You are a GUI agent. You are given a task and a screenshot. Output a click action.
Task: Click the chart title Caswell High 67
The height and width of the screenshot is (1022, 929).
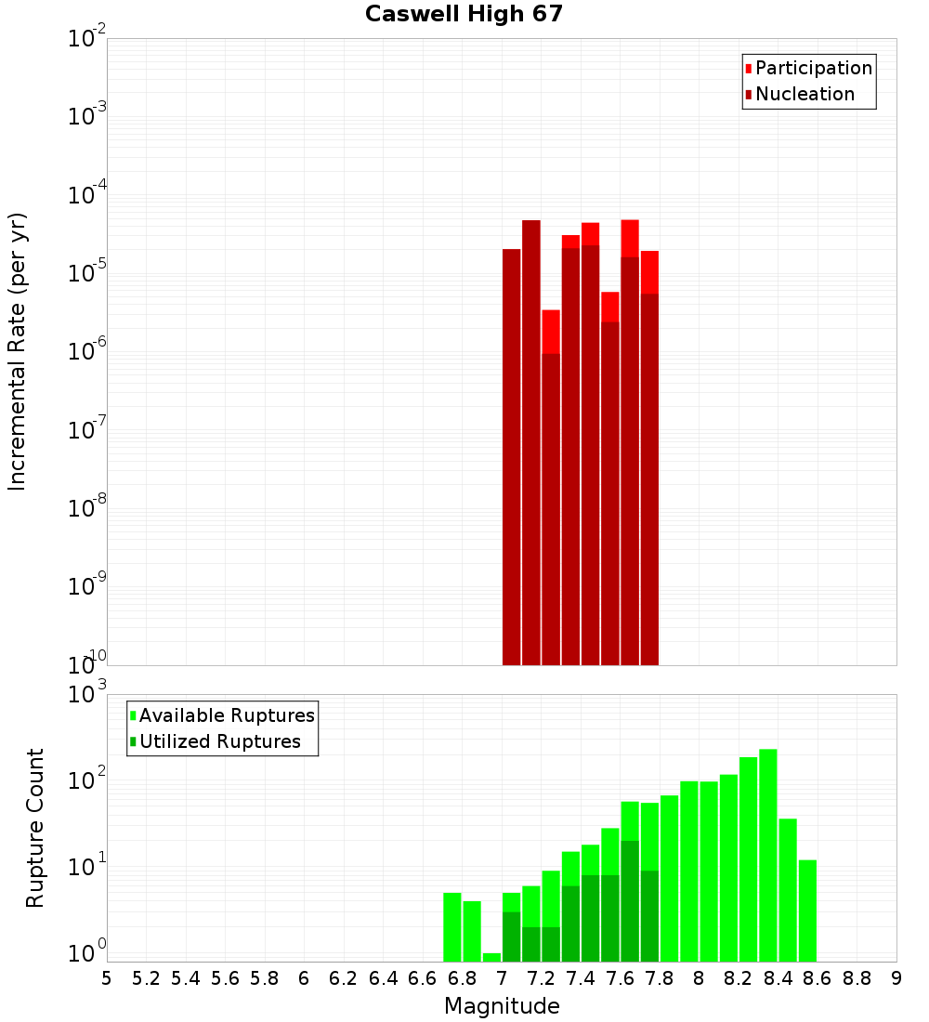point(464,14)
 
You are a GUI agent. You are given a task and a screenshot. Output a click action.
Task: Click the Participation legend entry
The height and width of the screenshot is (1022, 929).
point(814,68)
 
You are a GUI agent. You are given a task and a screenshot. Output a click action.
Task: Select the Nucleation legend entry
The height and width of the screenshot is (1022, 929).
point(805,94)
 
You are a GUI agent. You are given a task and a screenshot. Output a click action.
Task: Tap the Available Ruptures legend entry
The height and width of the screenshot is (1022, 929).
point(227,715)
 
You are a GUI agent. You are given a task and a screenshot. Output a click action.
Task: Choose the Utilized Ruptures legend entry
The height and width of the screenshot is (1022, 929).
point(219,741)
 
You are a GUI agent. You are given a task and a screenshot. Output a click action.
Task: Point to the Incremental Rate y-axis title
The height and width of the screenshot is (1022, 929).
point(18,351)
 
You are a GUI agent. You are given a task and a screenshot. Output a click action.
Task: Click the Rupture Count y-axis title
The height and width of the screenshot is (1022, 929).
point(35,827)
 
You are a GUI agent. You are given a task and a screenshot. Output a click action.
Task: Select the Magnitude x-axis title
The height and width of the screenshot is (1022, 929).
point(502,1006)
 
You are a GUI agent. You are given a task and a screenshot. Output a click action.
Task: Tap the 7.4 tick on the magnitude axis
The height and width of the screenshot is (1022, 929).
point(581,977)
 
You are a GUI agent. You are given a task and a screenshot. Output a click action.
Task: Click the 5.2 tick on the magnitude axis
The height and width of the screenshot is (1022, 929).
point(146,977)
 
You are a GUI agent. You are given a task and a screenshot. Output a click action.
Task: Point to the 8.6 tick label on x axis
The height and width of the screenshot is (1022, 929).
point(818,977)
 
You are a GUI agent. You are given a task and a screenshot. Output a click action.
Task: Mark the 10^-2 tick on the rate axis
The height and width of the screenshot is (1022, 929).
point(87,39)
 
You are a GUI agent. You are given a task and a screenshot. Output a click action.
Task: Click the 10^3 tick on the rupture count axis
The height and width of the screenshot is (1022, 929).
point(87,694)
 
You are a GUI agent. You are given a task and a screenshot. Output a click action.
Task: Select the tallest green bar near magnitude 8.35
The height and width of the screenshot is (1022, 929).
point(768,855)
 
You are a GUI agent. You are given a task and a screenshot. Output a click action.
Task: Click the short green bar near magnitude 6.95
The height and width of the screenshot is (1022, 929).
point(491,957)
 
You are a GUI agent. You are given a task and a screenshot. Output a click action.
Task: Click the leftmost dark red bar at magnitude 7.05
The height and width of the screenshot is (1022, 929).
point(511,455)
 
